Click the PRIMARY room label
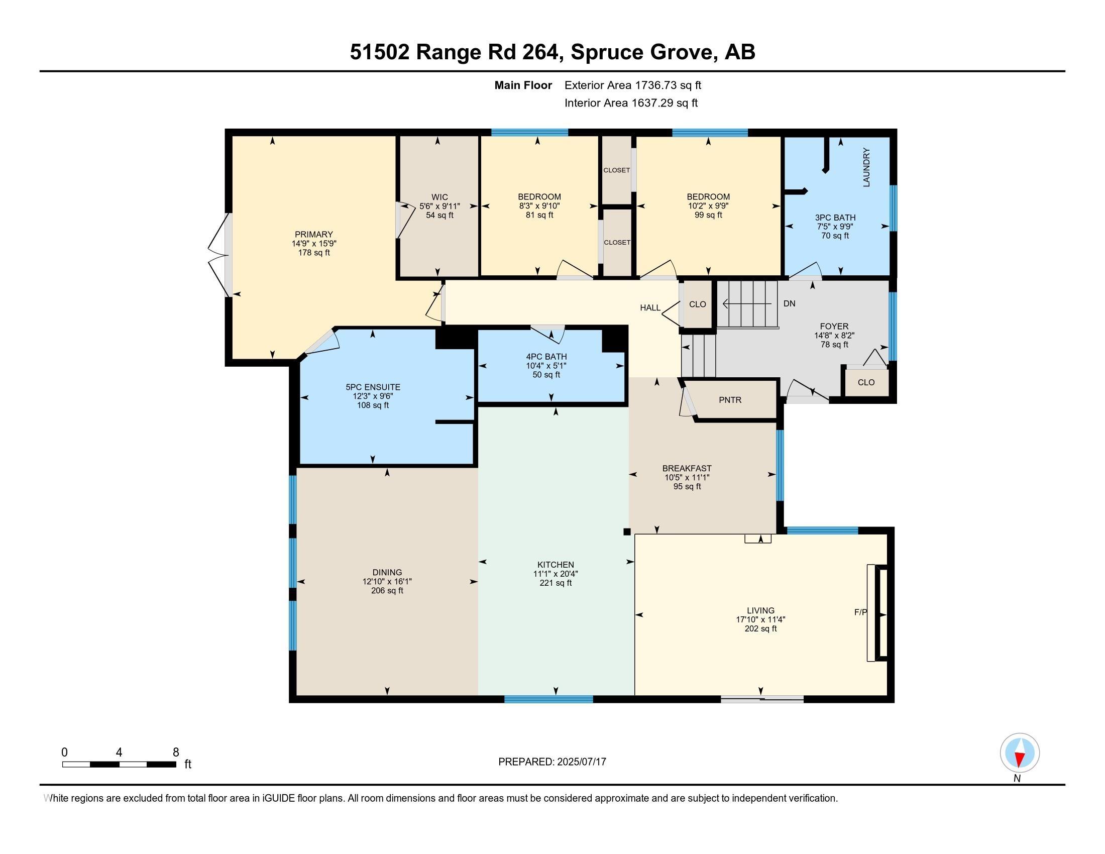point(314,234)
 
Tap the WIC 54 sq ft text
point(439,215)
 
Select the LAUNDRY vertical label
point(866,167)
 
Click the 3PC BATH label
point(835,218)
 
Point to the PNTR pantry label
point(730,400)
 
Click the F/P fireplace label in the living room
point(860,612)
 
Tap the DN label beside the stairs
point(789,303)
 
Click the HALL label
point(650,307)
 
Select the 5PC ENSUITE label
point(373,387)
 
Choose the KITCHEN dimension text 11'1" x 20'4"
point(556,574)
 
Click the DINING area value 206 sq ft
point(387,590)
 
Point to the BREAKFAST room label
point(687,469)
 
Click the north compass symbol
point(1020,753)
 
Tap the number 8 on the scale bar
point(176,753)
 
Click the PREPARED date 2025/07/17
point(580,762)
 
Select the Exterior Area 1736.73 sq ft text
point(632,85)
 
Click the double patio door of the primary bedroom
point(218,255)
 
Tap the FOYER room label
point(834,327)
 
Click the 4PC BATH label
point(546,356)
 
